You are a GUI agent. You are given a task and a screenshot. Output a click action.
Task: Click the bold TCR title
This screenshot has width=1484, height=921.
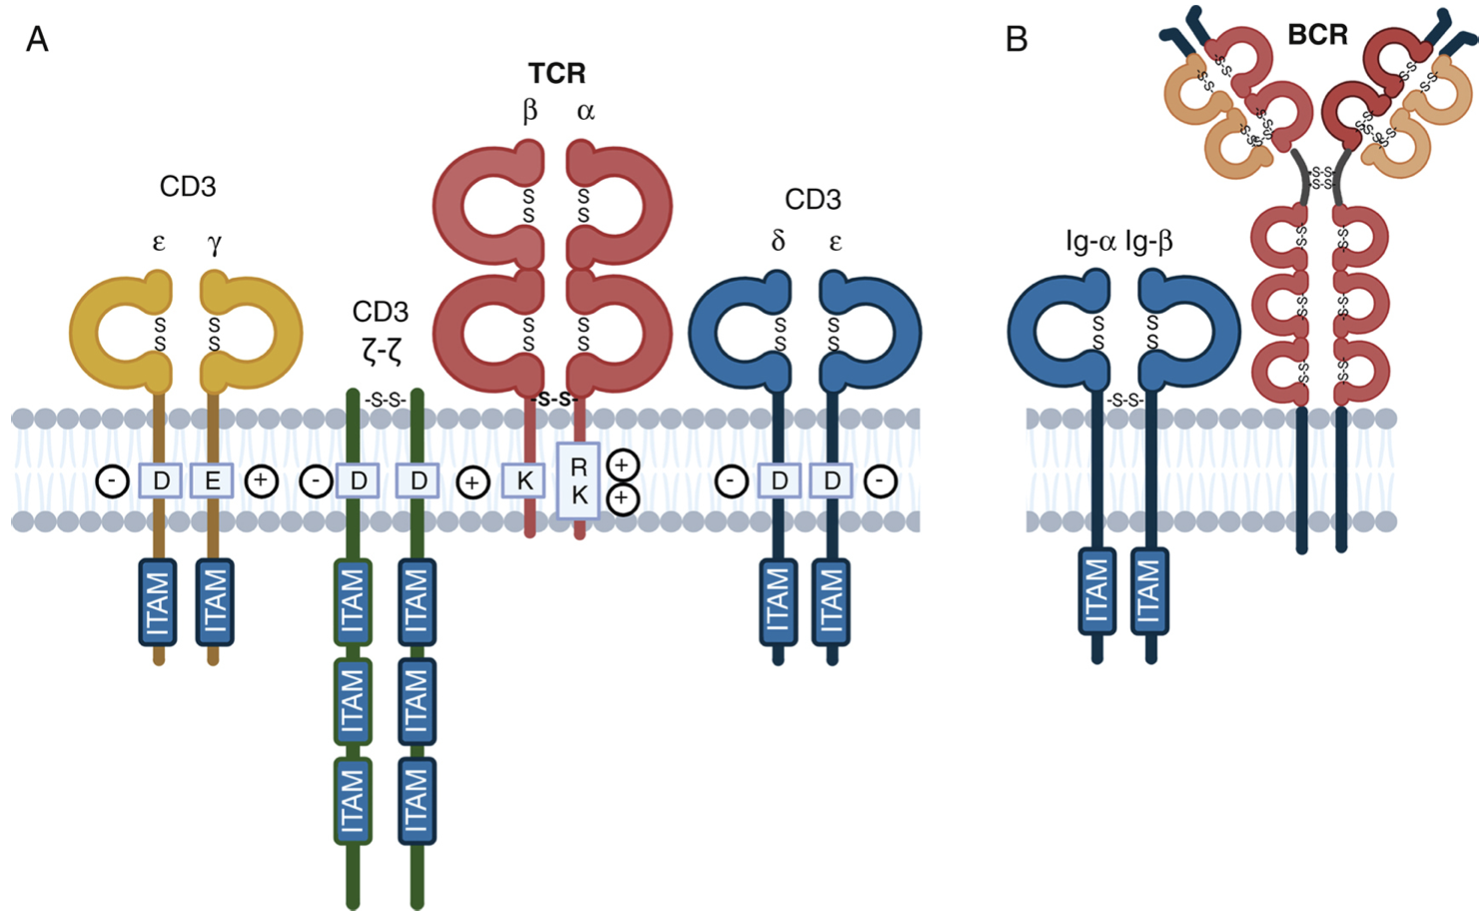point(556,73)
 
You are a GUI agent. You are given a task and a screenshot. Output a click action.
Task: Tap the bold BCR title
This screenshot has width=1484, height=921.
point(1317,35)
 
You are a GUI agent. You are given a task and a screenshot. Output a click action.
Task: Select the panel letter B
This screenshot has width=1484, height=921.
point(1016,39)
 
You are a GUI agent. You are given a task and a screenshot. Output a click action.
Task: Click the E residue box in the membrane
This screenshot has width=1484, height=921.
point(213,481)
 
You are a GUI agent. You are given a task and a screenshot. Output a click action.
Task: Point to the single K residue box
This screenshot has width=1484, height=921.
point(524,481)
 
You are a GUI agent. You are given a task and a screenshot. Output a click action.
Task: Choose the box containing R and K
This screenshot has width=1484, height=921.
point(578,480)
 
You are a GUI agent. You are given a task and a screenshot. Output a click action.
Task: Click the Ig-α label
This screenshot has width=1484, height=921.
point(1091,241)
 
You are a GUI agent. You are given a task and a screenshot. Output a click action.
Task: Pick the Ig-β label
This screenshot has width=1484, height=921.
point(1148,241)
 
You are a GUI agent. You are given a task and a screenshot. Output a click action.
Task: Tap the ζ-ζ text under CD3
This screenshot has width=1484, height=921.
point(380,351)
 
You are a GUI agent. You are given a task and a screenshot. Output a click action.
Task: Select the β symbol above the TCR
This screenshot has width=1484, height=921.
point(530,110)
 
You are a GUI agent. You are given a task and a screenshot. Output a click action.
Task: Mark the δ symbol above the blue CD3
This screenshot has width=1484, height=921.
point(778,241)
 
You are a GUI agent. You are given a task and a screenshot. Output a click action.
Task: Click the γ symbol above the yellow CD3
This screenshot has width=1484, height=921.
point(214,243)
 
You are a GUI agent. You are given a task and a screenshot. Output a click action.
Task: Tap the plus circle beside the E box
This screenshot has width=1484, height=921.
point(261,481)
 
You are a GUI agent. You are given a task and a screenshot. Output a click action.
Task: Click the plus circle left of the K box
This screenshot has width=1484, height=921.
point(472,483)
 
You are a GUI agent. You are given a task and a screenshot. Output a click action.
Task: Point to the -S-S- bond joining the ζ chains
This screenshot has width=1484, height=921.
point(385,400)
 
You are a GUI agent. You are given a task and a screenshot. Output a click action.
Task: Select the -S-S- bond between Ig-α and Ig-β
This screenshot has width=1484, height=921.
point(1125,401)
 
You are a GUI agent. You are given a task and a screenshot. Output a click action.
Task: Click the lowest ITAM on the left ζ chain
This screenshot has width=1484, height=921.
point(352,801)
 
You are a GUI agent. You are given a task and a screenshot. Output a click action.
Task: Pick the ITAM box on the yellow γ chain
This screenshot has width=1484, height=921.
point(215,602)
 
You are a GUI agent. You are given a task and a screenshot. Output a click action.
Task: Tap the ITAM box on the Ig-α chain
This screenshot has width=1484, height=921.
point(1097,591)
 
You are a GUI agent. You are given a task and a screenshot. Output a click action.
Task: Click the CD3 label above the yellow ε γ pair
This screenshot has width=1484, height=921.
point(188,187)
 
